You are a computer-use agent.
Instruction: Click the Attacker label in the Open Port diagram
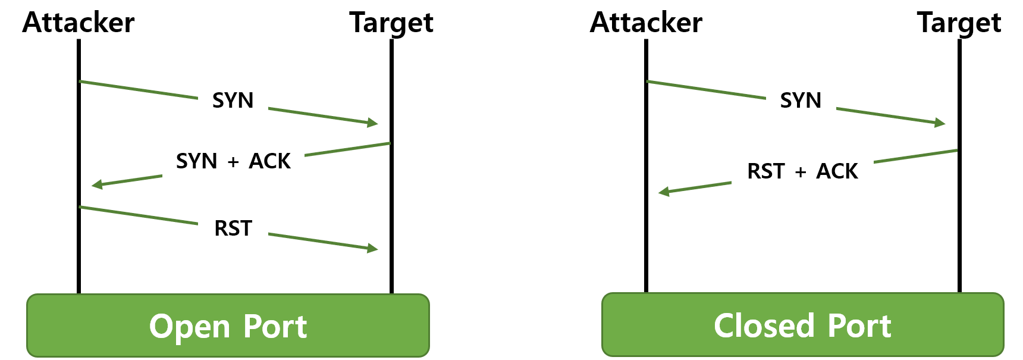point(79,23)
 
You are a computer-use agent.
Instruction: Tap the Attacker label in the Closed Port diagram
point(646,23)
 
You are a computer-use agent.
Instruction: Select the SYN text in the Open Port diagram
point(233,101)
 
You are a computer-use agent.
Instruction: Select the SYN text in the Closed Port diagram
point(801,101)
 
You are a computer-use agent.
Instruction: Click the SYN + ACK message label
point(233,161)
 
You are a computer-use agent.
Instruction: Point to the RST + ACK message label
point(802,171)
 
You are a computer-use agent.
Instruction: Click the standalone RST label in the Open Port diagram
point(233,228)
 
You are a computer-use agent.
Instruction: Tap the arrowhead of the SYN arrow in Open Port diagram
point(373,123)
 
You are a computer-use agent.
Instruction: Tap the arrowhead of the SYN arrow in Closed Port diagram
point(940,123)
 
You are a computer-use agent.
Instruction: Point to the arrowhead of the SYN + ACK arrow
point(97,184)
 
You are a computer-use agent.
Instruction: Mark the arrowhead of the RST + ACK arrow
point(664,192)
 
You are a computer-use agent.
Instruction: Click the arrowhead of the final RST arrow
point(373,248)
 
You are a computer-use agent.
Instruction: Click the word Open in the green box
point(181,327)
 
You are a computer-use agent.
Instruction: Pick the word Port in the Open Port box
point(275,327)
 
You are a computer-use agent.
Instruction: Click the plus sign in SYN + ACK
point(233,162)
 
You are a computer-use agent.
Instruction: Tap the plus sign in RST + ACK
point(801,172)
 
